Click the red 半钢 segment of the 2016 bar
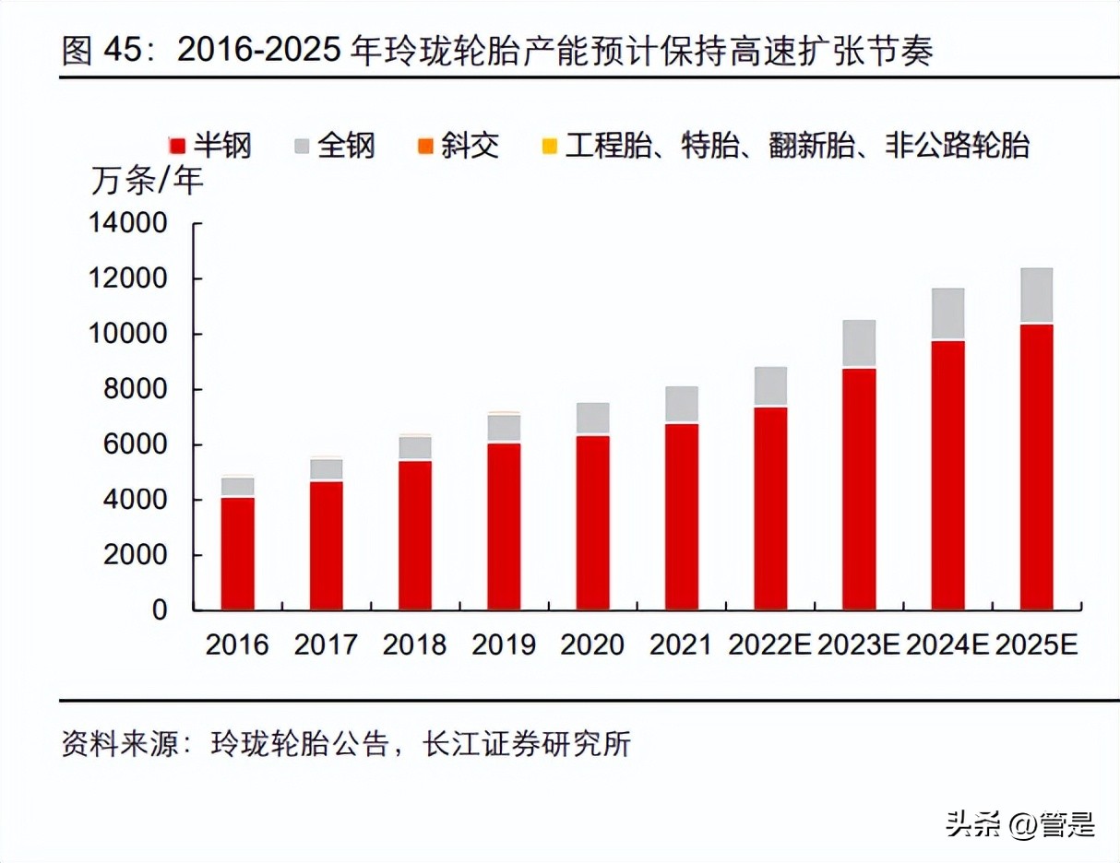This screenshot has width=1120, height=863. pyautogui.click(x=237, y=553)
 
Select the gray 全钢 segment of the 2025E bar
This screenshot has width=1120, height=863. pyautogui.click(x=1036, y=296)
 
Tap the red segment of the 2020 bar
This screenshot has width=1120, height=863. pyautogui.click(x=592, y=522)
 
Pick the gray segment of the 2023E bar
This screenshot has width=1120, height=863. pyautogui.click(x=859, y=344)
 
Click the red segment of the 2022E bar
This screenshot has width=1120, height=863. pyautogui.click(x=770, y=508)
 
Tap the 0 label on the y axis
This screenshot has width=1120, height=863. pyautogui.click(x=160, y=610)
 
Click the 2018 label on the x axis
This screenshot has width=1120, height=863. pyautogui.click(x=414, y=644)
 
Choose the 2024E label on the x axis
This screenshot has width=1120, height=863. pyautogui.click(x=948, y=644)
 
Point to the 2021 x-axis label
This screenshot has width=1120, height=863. pyautogui.click(x=681, y=644)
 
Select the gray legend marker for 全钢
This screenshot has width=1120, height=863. pyautogui.click(x=302, y=146)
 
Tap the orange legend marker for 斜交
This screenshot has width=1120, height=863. pyautogui.click(x=425, y=146)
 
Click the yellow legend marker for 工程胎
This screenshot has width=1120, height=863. pyautogui.click(x=549, y=146)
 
